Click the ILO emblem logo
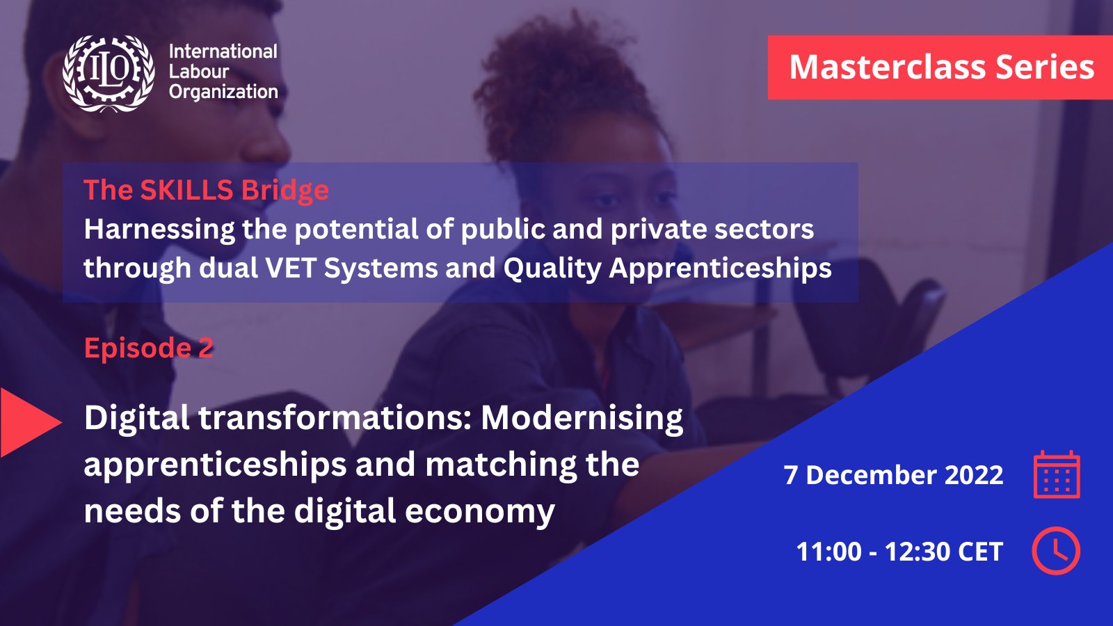109,73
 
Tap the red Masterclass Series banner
940,67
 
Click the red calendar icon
1057,474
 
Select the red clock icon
1056,551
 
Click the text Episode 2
149,347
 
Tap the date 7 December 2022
893,475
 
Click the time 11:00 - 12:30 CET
899,552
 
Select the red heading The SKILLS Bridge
206,190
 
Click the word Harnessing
159,230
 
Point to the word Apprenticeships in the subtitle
720,268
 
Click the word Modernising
582,418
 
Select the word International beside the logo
223,51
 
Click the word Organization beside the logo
223,93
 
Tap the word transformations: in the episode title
335,418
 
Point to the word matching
500,465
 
